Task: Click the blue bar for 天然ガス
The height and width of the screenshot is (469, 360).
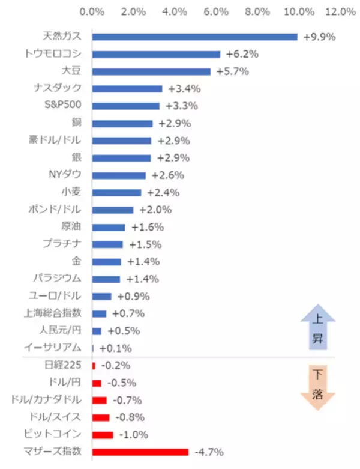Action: [x=194, y=37]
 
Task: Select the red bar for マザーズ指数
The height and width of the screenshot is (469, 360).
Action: [x=140, y=452]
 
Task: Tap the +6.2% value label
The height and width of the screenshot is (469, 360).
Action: [x=242, y=54]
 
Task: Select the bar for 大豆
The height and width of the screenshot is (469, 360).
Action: [x=151, y=71]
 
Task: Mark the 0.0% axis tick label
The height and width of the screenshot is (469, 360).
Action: [x=92, y=11]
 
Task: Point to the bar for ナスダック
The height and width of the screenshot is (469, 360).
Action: [x=127, y=89]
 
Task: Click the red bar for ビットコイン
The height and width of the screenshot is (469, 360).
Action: [x=102, y=435]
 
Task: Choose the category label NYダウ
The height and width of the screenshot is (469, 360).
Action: [x=66, y=175]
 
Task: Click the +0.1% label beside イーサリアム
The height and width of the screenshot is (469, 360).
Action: [x=115, y=348]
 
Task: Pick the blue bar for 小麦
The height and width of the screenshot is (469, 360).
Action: [x=116, y=193]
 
